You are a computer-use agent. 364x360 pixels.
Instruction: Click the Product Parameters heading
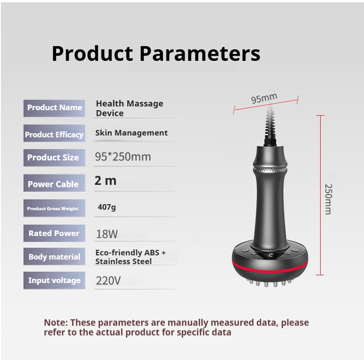(156, 53)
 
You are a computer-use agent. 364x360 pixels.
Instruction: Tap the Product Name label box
(54, 108)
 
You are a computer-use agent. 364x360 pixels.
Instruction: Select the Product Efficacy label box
(54, 135)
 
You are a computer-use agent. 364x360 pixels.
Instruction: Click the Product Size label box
(54, 158)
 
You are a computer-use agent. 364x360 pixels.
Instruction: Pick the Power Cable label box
(54, 184)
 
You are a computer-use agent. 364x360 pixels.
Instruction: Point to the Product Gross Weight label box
(54, 208)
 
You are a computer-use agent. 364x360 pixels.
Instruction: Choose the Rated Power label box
(54, 233)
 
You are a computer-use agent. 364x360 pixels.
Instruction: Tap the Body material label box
(54, 257)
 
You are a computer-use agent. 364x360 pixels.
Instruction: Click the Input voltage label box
(54, 280)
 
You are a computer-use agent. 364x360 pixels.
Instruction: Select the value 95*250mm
(123, 157)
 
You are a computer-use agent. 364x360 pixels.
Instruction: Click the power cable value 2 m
(106, 181)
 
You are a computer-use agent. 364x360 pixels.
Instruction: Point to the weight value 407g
(107, 207)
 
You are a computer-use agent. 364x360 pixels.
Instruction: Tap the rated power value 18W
(107, 234)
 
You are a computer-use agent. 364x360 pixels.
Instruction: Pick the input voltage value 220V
(108, 280)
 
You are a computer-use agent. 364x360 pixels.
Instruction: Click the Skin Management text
(131, 133)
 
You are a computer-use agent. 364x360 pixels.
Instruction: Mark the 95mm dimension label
(264, 98)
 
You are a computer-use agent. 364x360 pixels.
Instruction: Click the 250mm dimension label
(329, 199)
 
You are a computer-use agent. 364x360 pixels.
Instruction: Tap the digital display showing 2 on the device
(270, 254)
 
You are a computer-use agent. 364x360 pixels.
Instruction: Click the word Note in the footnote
(55, 323)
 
